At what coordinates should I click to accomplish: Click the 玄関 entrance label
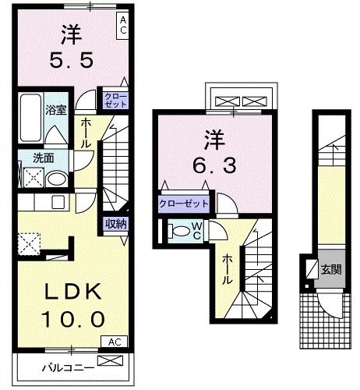tap(330, 271)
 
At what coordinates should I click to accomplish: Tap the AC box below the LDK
tap(114, 342)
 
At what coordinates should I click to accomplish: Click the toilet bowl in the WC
tap(178, 231)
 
